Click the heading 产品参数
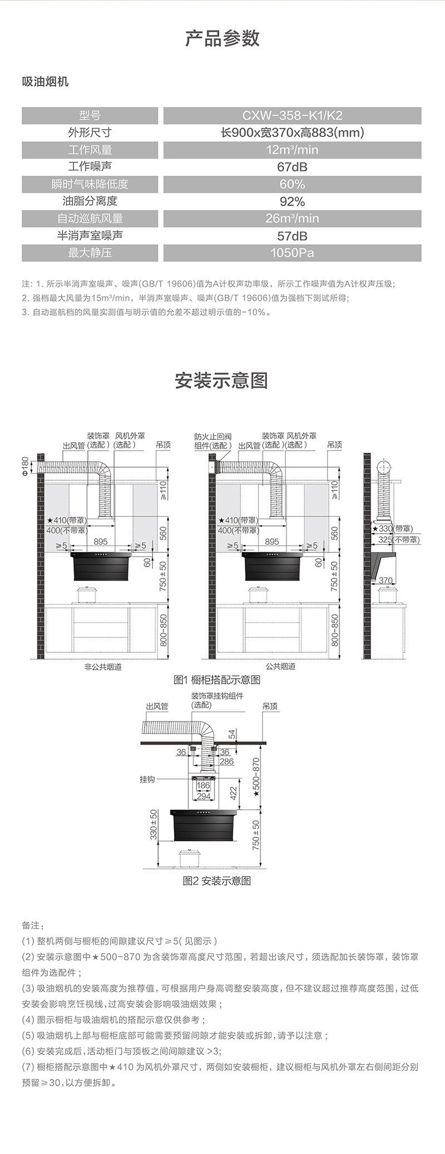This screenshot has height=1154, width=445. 222,38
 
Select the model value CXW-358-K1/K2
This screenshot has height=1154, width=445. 292,116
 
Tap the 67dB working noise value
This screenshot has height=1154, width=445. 292,167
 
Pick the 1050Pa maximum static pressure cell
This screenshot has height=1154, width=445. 292,253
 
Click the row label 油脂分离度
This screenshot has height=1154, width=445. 90,201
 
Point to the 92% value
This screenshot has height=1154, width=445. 292,202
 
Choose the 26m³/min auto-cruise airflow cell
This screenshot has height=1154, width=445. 292,218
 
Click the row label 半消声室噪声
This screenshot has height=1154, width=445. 90,235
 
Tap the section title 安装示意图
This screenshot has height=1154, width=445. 221,381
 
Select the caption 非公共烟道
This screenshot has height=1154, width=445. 103,666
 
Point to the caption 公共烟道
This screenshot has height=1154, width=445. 280,666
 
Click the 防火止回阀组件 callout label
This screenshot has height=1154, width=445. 212,441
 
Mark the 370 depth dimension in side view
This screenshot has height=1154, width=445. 385,581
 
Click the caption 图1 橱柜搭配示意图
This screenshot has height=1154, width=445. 217,680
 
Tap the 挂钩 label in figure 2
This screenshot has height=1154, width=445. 147,779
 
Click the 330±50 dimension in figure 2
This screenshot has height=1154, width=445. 154,824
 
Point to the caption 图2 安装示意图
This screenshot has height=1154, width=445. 217,881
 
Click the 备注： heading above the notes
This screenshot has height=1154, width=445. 31,925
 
